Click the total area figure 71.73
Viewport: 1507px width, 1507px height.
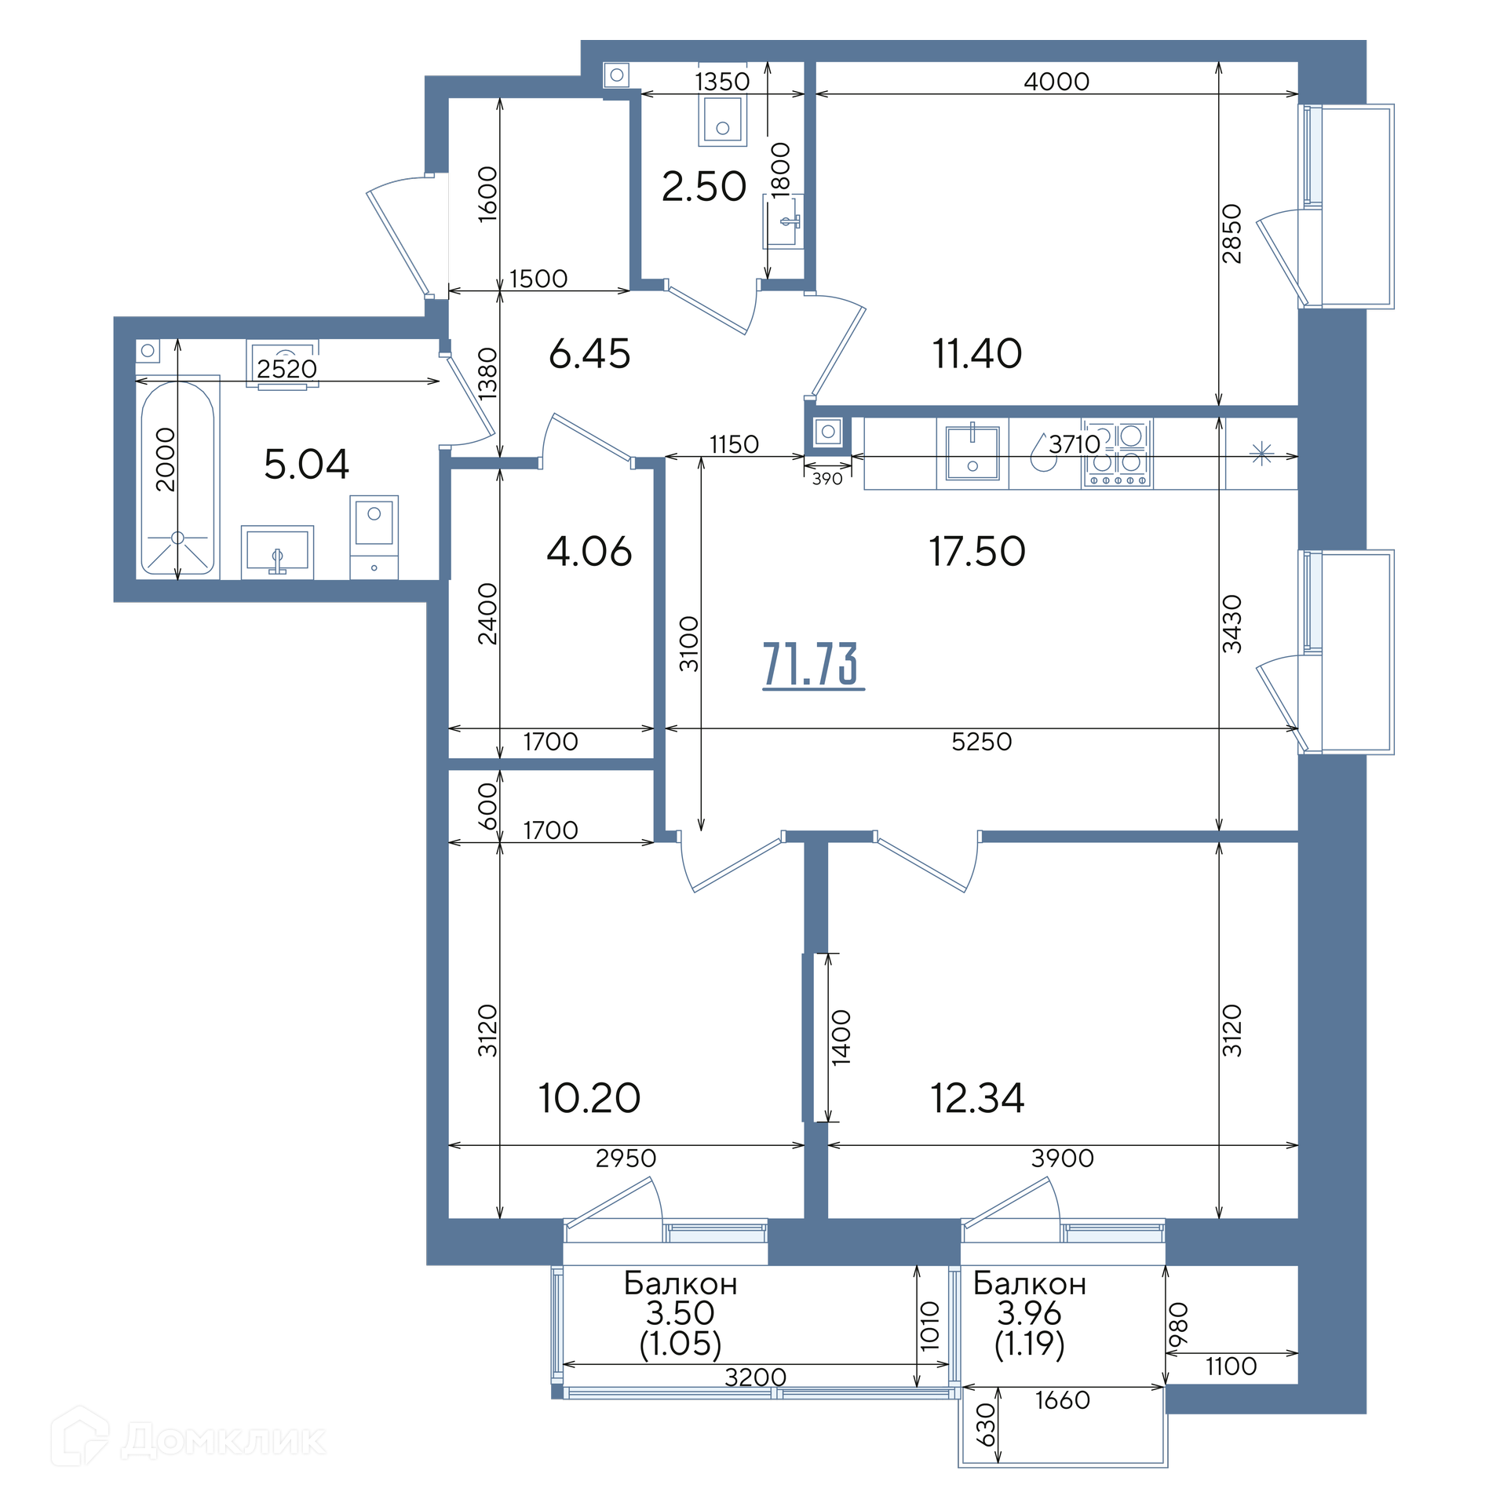pos(812,664)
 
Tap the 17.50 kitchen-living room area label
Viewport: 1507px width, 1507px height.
pos(976,551)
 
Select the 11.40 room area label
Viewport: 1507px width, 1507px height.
pos(976,353)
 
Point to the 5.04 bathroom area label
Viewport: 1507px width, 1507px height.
pos(306,464)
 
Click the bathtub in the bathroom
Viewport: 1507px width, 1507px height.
pos(177,477)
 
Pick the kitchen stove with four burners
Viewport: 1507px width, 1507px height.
pos(1116,454)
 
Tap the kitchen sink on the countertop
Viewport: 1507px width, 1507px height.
pos(972,453)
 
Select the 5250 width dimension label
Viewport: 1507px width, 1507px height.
pos(981,742)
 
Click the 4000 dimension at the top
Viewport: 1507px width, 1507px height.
pos(1056,82)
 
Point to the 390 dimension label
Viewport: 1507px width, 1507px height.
pos(827,479)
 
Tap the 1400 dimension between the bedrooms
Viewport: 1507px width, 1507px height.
pos(841,1037)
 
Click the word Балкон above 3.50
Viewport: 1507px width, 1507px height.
pos(681,1284)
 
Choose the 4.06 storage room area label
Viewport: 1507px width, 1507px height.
pos(589,552)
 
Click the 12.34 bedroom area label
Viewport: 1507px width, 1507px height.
pos(977,1098)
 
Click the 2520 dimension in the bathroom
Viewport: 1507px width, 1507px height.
pos(286,369)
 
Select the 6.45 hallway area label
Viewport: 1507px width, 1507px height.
pos(589,354)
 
